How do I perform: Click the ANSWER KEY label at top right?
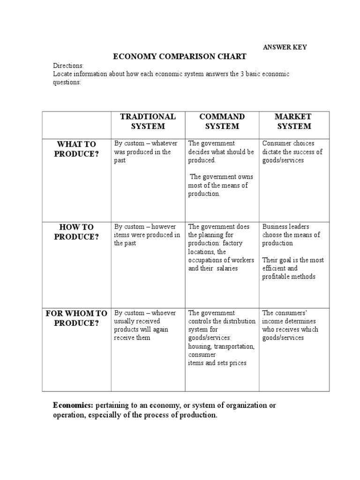pos(285,47)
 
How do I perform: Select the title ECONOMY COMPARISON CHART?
pos(180,57)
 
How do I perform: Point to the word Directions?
pos(68,66)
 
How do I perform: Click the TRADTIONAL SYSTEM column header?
pos(148,121)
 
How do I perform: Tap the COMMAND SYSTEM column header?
pos(222,121)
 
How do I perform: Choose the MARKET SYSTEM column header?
pos(293,121)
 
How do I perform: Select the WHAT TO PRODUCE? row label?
pos(76,149)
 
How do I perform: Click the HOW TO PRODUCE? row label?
pos(76,232)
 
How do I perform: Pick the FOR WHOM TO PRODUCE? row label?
pos(76,318)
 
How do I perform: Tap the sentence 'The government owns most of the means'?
pos(221,185)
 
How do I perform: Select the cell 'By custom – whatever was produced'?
pos(146,152)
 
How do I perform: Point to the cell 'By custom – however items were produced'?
pos(147,235)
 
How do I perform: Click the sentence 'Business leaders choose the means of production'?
pos(291,235)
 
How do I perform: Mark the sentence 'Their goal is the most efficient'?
pos(292,268)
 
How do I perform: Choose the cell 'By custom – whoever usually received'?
pos(145,325)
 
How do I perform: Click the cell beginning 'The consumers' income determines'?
pos(290,325)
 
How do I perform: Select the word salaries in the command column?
pos(227,269)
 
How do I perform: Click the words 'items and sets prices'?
pos(217,363)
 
